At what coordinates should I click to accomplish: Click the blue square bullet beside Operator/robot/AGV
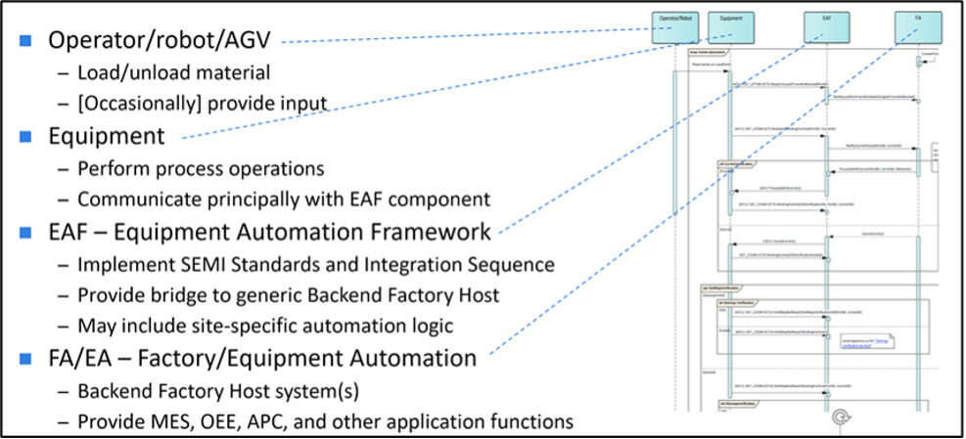(26, 40)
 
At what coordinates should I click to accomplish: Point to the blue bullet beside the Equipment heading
(26, 136)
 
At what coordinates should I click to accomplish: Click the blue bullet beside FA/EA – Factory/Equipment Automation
(26, 358)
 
